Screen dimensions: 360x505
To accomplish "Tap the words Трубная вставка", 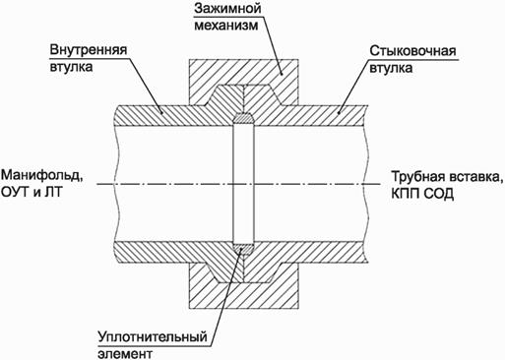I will coord(448,176).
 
